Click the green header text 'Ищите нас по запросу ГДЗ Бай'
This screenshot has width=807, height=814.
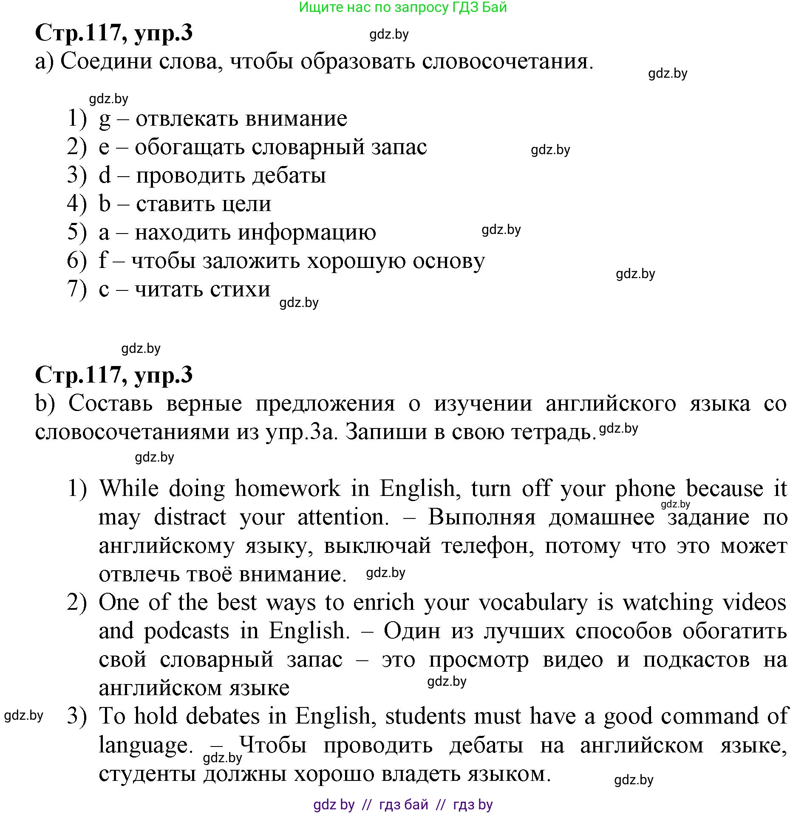point(402,7)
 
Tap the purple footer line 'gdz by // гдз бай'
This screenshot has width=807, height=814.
point(402,804)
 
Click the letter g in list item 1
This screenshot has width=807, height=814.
point(105,119)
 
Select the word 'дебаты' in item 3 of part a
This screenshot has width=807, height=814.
point(289,175)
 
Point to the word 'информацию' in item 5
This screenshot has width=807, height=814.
point(306,233)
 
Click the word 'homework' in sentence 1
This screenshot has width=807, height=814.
point(288,488)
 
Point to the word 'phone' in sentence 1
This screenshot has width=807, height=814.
point(645,489)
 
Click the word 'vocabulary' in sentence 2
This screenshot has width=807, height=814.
point(533,603)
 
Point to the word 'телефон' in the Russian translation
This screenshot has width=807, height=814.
point(487,546)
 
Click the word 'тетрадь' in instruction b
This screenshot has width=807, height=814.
point(551,432)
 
